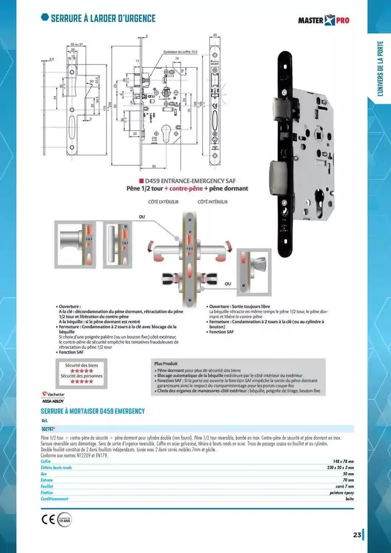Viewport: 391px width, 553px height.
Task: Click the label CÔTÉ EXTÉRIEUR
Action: click(x=163, y=202)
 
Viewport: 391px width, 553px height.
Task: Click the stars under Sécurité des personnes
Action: click(x=78, y=382)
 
